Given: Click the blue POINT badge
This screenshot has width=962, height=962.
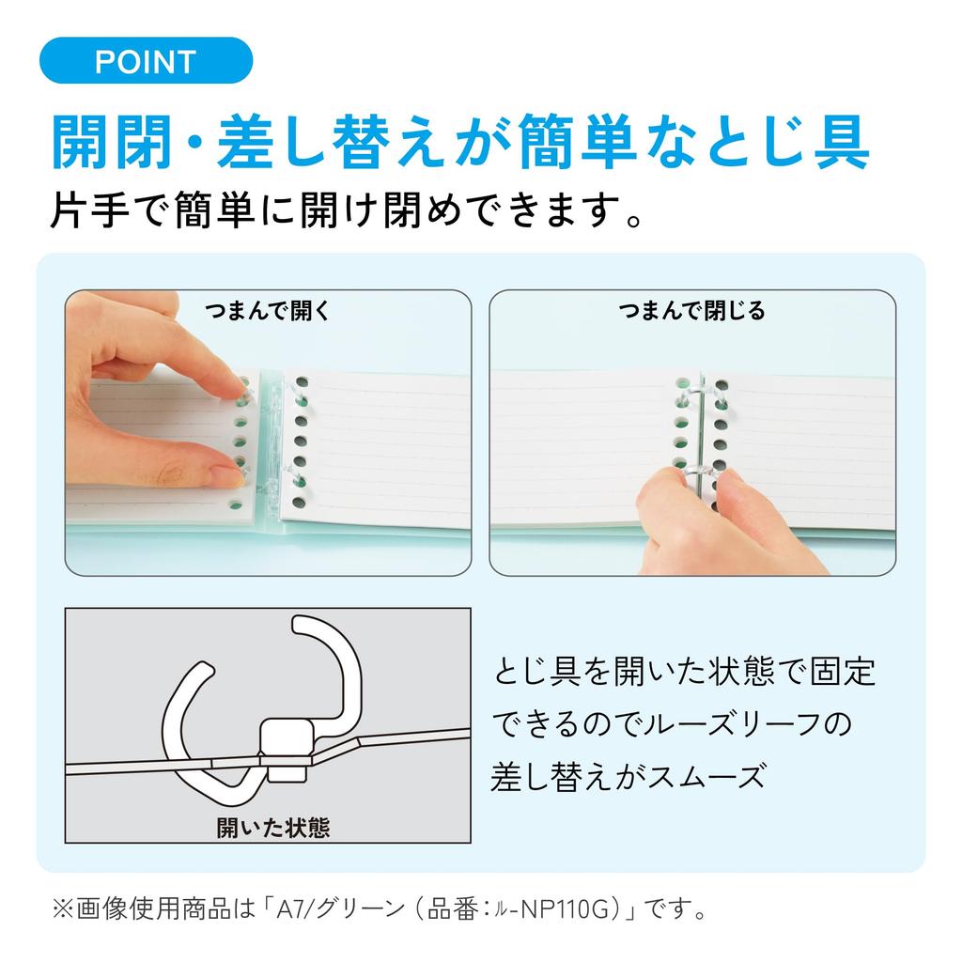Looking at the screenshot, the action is click(146, 60).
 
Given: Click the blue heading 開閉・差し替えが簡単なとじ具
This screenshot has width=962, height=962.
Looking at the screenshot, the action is click(460, 142).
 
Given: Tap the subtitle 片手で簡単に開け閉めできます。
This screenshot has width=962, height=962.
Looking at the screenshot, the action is click(347, 210).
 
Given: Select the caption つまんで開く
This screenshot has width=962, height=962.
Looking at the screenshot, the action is click(268, 311).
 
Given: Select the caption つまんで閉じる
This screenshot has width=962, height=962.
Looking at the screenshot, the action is click(692, 311).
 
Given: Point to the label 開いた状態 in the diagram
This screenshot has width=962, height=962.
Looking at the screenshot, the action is click(273, 828).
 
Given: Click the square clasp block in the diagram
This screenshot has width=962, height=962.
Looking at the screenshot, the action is click(287, 751).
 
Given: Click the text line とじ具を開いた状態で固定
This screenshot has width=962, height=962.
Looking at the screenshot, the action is click(685, 671).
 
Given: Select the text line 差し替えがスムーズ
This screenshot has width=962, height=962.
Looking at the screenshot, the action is click(628, 776).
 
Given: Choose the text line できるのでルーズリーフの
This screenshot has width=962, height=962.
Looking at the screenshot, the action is click(673, 724).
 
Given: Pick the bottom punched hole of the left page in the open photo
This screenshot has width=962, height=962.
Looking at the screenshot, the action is click(236, 504).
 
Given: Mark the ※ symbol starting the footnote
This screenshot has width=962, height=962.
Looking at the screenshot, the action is click(62, 908).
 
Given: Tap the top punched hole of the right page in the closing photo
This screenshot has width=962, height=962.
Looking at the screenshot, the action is click(722, 385).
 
